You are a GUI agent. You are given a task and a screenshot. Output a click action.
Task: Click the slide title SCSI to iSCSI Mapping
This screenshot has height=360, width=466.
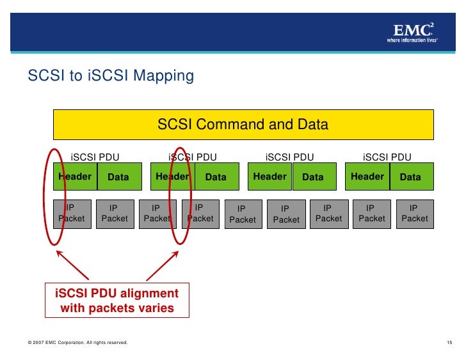click(111, 76)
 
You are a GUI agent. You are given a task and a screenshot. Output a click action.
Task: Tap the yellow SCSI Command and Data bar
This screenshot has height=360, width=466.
click(243, 125)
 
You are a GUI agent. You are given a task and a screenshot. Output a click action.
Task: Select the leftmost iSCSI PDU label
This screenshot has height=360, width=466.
click(95, 157)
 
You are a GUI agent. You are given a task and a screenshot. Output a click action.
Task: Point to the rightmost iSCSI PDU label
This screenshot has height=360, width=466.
click(387, 157)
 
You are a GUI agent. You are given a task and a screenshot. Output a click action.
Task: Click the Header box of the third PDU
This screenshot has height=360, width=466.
click(269, 177)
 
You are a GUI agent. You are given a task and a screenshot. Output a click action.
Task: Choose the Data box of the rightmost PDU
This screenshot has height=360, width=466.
click(410, 177)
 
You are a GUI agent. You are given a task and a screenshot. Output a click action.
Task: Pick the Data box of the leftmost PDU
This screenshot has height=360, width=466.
click(118, 177)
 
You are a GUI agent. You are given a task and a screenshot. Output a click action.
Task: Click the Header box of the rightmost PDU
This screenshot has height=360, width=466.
click(367, 177)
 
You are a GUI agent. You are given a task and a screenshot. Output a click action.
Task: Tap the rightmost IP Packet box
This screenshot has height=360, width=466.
click(414, 214)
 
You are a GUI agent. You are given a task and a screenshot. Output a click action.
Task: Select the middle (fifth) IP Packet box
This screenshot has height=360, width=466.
click(243, 214)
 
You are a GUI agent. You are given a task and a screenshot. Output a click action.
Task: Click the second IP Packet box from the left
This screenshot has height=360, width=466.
click(115, 214)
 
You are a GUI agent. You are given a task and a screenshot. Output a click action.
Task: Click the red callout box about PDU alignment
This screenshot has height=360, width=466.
click(117, 301)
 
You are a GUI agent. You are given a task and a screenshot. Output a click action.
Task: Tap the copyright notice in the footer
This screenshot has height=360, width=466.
click(77, 344)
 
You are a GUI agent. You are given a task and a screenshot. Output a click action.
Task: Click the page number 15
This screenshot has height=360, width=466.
click(449, 344)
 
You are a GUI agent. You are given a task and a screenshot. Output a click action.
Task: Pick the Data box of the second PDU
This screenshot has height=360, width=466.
click(216, 177)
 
